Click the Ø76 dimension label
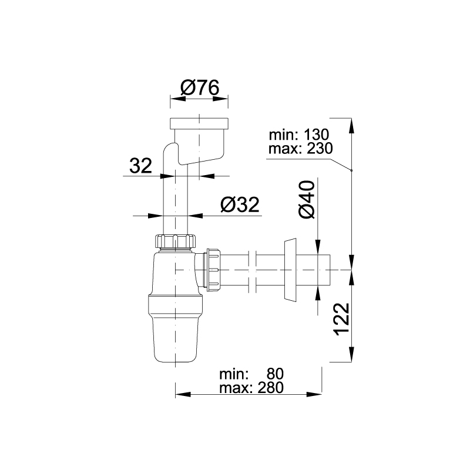tap(200, 88)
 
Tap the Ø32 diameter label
tap(240, 204)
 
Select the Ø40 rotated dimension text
tap(307, 199)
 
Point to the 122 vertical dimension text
tap(341, 319)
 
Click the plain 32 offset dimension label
tap(141, 166)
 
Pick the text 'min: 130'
tap(299, 135)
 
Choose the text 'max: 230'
tap(301, 148)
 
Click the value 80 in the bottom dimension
tap(275, 374)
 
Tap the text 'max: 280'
tap(251, 388)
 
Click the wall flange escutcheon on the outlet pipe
tap(290, 270)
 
